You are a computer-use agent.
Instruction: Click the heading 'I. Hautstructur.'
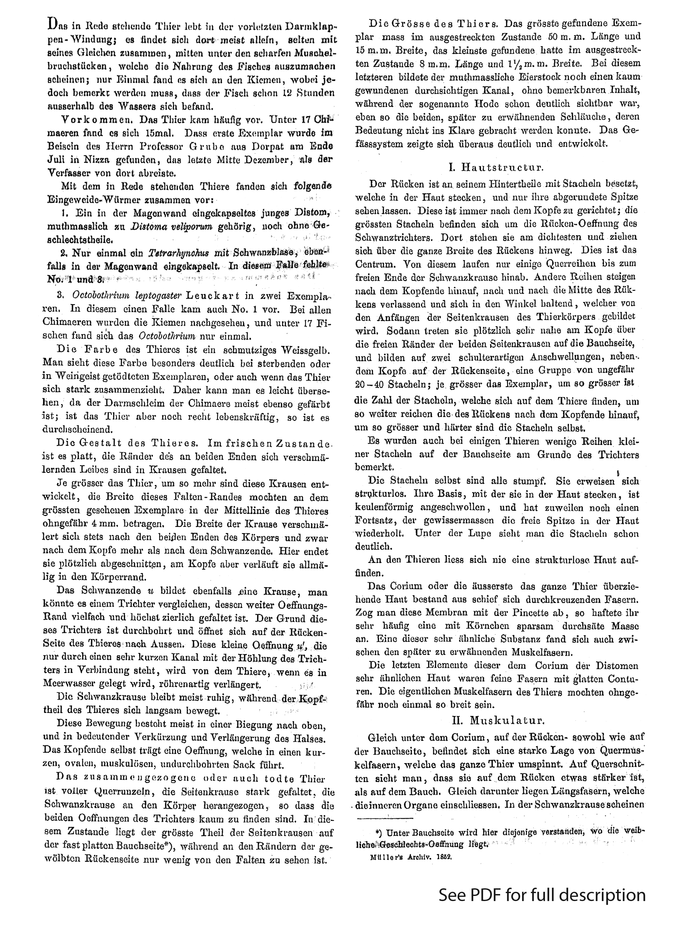pos(496,167)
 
